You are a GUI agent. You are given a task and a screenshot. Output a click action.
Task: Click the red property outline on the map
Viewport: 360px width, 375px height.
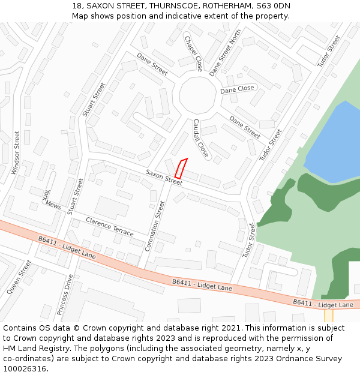[x=181, y=167]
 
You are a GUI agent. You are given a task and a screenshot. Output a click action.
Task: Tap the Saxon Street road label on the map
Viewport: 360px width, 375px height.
[x=163, y=177]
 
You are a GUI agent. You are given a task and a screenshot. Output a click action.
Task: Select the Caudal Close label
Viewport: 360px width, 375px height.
[x=200, y=138]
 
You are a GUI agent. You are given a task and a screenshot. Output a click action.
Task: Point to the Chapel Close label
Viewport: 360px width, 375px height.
[x=193, y=53]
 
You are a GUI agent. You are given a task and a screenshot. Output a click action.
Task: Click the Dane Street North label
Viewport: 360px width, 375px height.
[x=225, y=53]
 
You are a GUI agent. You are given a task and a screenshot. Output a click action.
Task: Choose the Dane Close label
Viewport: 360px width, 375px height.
[x=237, y=89]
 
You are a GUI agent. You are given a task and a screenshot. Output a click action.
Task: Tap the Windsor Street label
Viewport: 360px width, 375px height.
[x=16, y=152]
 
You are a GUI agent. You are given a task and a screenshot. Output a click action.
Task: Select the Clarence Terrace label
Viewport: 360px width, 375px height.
[x=110, y=226]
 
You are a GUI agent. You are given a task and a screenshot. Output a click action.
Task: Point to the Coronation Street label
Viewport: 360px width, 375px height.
[x=155, y=226]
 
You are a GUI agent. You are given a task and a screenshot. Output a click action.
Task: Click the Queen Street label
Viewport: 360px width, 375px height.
[x=19, y=277]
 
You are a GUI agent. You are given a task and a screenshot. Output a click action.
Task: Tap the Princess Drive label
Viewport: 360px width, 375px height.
[x=64, y=295]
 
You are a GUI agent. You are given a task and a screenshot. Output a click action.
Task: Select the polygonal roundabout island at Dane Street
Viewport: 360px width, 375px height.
[x=197, y=95]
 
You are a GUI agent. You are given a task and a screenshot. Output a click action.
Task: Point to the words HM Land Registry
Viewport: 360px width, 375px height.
[x=35, y=348]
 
